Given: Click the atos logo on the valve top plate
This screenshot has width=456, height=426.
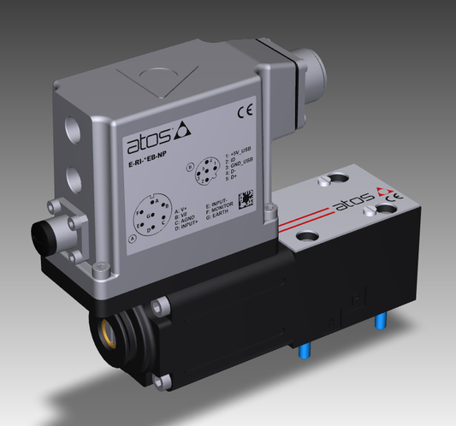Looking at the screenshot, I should point(352,206).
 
